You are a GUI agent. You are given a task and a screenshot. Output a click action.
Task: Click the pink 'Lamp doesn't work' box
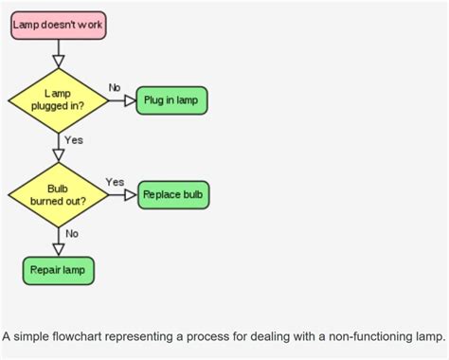click(x=58, y=26)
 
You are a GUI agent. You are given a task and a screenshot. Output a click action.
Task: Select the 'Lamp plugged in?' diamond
click(x=58, y=100)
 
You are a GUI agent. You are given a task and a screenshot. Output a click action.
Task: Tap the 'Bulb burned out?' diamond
click(x=58, y=195)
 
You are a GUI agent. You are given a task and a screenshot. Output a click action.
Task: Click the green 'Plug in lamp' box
click(x=171, y=100)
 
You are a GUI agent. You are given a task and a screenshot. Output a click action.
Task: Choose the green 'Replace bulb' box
click(x=174, y=195)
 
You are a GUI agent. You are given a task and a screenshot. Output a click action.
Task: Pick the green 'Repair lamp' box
click(x=58, y=270)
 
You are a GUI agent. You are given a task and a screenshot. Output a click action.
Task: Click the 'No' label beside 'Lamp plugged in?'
click(x=115, y=87)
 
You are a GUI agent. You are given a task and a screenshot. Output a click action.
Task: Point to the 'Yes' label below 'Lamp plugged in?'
click(x=74, y=140)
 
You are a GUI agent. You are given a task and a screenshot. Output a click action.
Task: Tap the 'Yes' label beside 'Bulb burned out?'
click(x=115, y=182)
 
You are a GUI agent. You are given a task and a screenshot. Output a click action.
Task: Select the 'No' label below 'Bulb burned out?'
click(x=72, y=233)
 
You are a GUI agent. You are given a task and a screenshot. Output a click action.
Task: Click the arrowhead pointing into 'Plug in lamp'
click(x=130, y=100)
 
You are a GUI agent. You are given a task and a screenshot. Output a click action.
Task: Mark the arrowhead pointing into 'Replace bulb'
click(x=132, y=195)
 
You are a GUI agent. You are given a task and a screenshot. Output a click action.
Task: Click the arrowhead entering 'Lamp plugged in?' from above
click(x=58, y=61)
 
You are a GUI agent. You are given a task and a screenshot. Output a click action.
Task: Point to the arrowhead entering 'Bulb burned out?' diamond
click(x=58, y=155)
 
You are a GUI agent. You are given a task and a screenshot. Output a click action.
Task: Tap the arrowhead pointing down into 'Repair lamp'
click(x=58, y=248)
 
